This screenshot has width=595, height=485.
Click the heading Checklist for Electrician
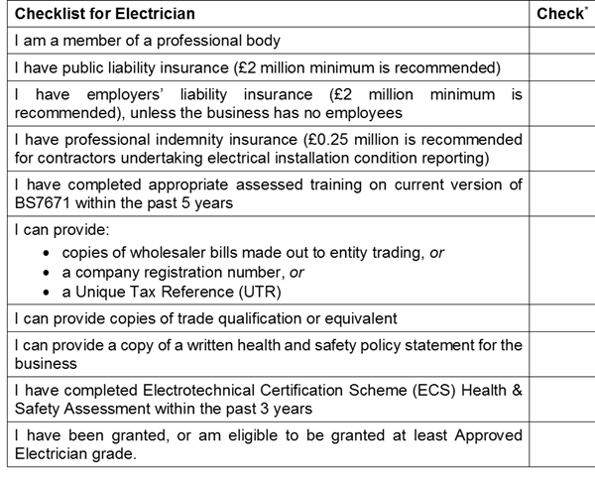pos(104,14)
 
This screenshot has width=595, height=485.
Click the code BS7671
pos(44,202)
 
